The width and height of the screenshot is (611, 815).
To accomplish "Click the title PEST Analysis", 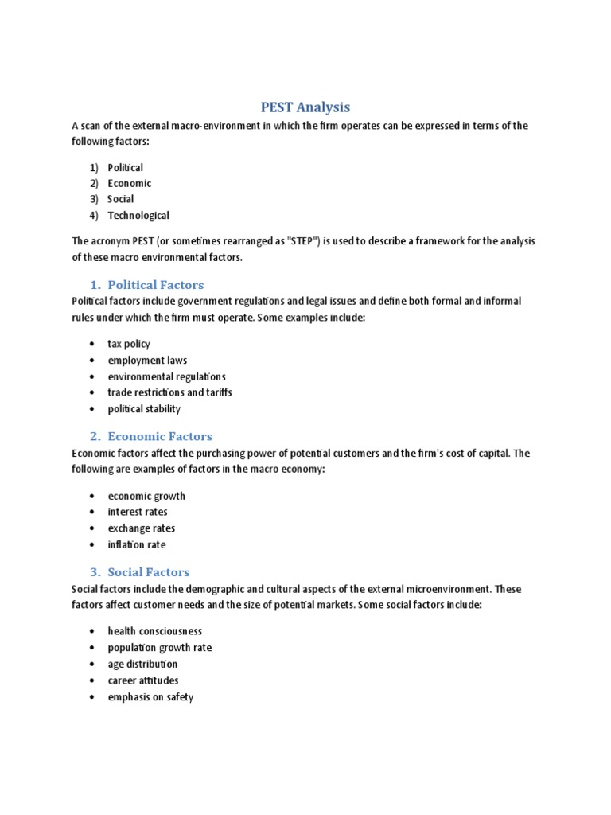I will [305, 107].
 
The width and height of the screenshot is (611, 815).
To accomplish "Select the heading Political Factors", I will [155, 284].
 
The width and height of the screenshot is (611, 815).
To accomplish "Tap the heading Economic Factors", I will [160, 436].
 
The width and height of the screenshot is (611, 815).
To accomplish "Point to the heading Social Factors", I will [149, 571].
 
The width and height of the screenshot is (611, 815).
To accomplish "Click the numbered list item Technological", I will [138, 215].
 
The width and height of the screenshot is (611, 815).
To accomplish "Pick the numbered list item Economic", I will [130, 183].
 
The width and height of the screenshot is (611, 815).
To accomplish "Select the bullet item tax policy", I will [129, 344].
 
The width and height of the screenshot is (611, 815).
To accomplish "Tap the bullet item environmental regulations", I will [166, 376].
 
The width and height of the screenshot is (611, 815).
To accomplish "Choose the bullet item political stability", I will [144, 409].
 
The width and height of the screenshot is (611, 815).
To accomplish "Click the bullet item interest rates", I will [138, 512].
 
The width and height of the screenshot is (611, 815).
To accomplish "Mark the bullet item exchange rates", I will [142, 528].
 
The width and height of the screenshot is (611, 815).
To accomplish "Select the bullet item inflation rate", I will [137, 545].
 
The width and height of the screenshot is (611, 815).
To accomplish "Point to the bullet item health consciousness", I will [155, 631].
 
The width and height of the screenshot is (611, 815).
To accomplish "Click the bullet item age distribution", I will [142, 664].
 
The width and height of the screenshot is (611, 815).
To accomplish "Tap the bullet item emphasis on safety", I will [150, 697].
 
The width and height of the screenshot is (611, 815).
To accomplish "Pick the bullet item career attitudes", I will [143, 680].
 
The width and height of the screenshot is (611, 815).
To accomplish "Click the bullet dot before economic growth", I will [93, 496].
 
